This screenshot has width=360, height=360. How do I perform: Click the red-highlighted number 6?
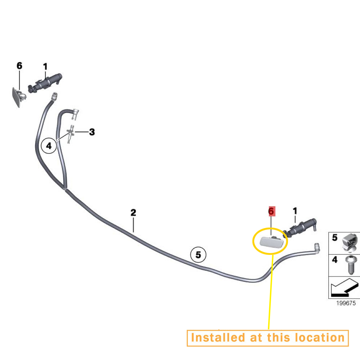pos(271,211)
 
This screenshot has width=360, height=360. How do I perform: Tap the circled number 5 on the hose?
pos(198,255)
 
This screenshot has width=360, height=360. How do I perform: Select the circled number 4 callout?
pos(49,146)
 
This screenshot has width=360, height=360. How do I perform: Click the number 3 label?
pos(92,132)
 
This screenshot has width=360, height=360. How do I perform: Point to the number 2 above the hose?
pos(133,212)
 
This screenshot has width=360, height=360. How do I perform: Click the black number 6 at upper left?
pos(19,66)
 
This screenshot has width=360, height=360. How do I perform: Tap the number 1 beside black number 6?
pos(45,67)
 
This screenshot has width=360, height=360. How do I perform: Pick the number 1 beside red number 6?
pos(295,211)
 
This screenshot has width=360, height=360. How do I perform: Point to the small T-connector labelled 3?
pos(71,134)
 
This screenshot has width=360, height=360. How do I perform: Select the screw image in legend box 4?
pos(350,265)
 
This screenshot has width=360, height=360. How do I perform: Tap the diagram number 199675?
pos(346,303)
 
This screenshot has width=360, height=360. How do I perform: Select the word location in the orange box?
pos(320,338)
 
